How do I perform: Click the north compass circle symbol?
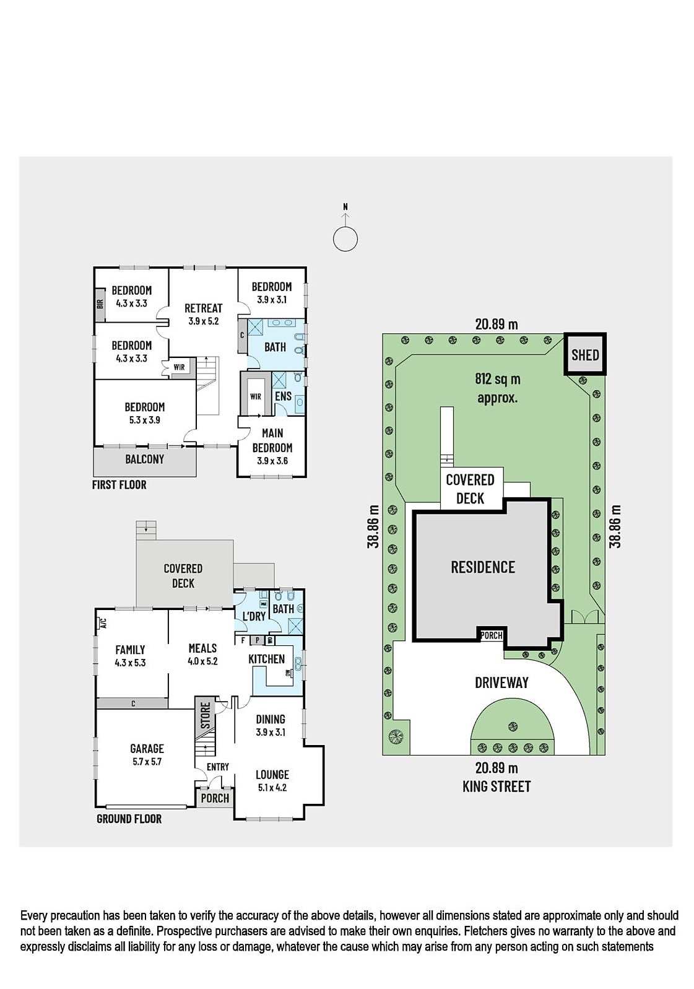point(345,239)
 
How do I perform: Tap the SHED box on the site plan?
point(585,354)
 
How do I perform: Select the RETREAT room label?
point(203,308)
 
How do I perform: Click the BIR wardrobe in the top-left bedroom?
point(100,304)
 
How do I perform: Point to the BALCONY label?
point(145,459)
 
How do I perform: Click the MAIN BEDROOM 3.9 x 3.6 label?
point(272,447)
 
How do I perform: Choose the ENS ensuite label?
point(283,396)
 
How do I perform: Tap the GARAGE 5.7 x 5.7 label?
point(147,754)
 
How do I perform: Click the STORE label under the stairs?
point(205,715)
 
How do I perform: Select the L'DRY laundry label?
point(254,616)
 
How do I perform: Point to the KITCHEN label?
point(267,659)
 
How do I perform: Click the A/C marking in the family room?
point(103,623)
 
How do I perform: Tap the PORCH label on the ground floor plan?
point(215,798)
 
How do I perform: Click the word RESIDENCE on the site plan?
point(483,567)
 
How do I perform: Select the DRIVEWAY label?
point(501,682)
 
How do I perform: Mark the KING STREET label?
point(497,786)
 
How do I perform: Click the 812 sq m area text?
point(497,379)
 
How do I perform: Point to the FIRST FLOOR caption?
point(119,485)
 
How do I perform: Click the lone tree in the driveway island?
point(513,726)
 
